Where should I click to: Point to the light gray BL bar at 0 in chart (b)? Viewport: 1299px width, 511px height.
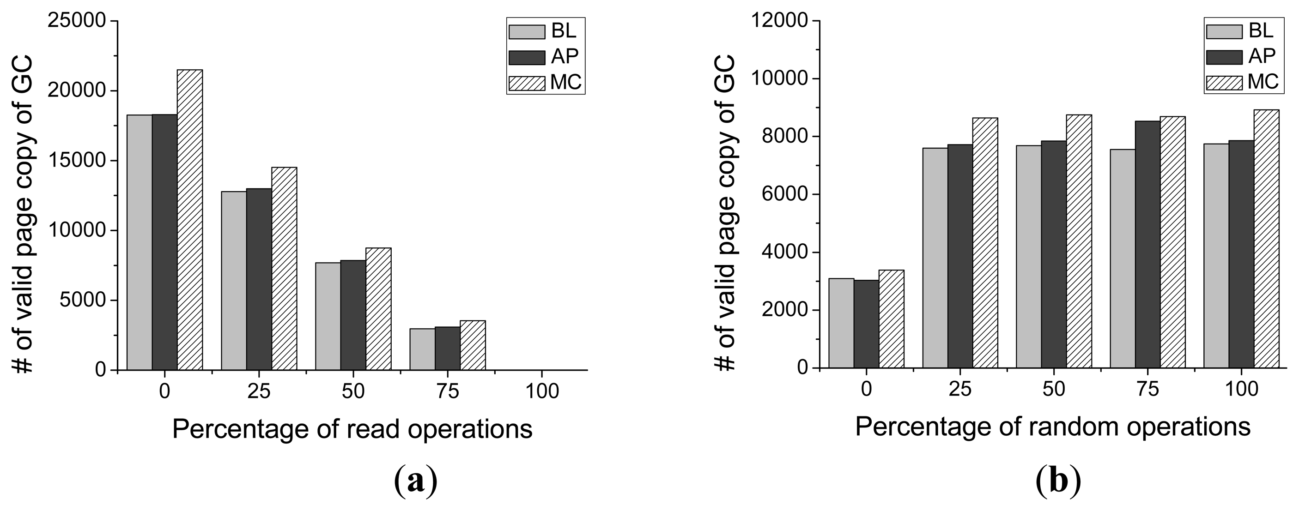(841, 323)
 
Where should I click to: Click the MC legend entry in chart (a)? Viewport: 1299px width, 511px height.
(546, 83)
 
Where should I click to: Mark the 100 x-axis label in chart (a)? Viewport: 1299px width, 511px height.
(541, 391)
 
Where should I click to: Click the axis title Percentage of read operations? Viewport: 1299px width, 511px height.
(352, 429)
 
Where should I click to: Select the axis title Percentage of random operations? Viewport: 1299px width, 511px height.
(1053, 427)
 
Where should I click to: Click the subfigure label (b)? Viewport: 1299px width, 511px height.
(1058, 482)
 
